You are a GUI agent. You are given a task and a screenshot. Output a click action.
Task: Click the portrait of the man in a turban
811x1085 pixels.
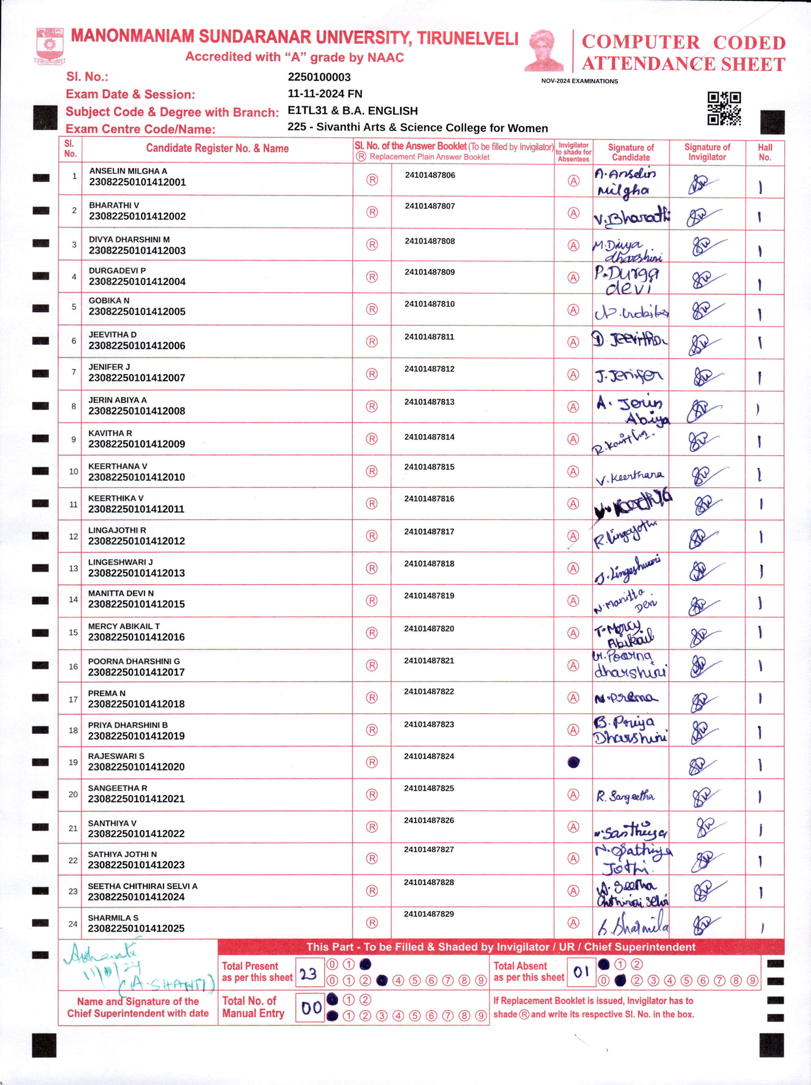[544, 51]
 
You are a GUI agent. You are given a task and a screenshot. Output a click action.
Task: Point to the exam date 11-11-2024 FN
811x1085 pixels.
[325, 94]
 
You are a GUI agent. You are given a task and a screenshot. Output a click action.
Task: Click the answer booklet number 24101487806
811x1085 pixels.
[430, 175]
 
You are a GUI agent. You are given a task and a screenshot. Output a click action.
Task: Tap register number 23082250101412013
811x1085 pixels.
[136, 573]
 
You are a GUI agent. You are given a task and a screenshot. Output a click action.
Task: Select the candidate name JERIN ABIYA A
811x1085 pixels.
[117, 400]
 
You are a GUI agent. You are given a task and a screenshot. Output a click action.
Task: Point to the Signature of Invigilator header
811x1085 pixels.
[707, 152]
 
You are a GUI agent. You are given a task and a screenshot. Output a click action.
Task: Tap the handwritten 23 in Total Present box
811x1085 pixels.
[309, 974]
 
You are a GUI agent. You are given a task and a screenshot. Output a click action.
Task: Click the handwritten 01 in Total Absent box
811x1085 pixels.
[581, 972]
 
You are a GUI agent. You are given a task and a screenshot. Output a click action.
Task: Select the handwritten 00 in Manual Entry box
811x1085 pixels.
[311, 1008]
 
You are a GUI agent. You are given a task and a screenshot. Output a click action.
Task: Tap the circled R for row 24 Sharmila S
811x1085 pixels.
[372, 923]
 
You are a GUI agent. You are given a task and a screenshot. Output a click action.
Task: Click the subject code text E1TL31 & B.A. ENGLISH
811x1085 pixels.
[352, 111]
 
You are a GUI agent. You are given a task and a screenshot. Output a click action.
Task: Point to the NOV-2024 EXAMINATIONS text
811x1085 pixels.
[579, 81]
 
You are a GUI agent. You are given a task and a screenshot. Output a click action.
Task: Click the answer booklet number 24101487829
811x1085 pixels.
[429, 914]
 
